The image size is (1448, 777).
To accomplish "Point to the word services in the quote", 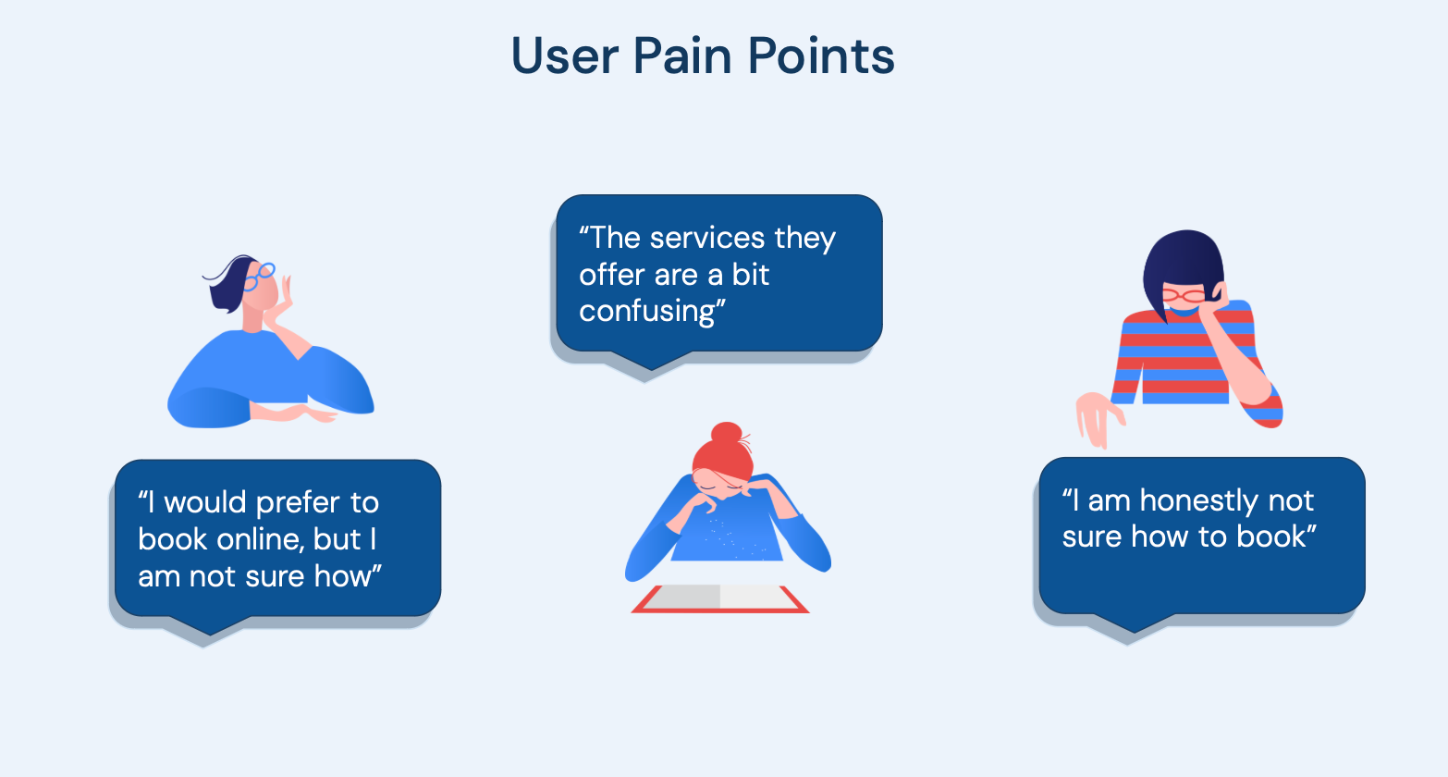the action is (x=707, y=238).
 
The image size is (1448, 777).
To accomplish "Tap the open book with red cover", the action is (x=719, y=598).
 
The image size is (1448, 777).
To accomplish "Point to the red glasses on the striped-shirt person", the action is (x=1184, y=296).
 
